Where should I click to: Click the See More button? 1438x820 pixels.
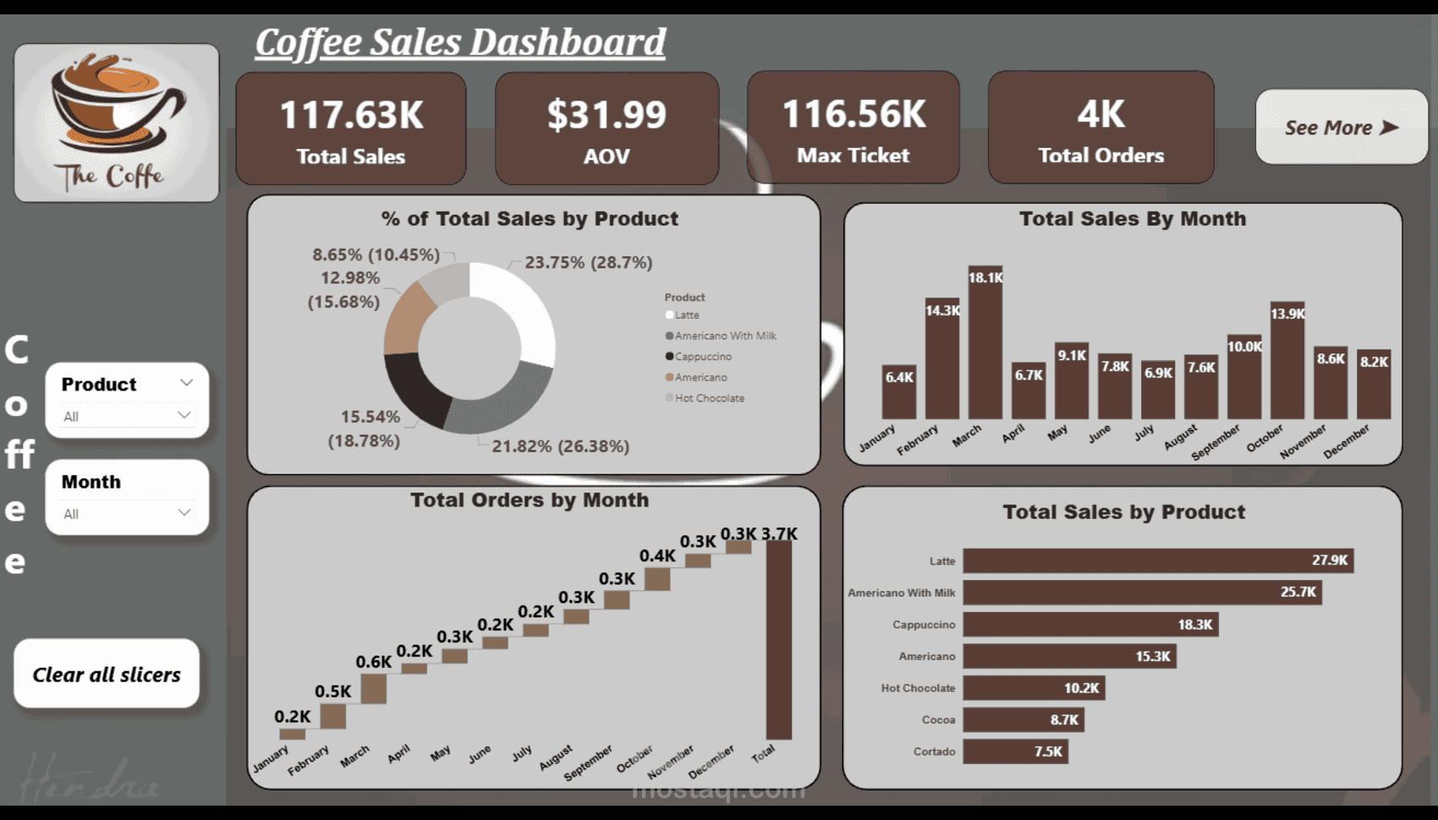click(1341, 128)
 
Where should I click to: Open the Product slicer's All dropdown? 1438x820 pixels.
click(127, 416)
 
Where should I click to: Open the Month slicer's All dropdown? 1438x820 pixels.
click(127, 513)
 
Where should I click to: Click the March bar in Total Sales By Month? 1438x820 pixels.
click(985, 347)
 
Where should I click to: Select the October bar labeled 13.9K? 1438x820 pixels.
click(1287, 364)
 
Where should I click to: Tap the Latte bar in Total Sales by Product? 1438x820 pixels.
click(1157, 560)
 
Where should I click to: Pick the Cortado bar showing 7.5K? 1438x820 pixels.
click(1015, 752)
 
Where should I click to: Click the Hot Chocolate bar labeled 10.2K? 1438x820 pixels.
click(1033, 688)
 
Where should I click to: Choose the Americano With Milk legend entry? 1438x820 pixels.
click(725, 336)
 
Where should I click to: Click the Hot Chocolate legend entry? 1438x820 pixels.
click(709, 398)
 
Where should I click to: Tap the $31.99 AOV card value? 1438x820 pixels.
click(606, 116)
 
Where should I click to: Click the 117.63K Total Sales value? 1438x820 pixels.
click(351, 116)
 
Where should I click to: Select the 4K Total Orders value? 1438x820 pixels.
click(1100, 115)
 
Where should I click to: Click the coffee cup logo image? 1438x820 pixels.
click(117, 123)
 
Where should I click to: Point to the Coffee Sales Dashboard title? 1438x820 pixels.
click(460, 42)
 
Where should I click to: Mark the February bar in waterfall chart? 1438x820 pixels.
click(332, 716)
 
